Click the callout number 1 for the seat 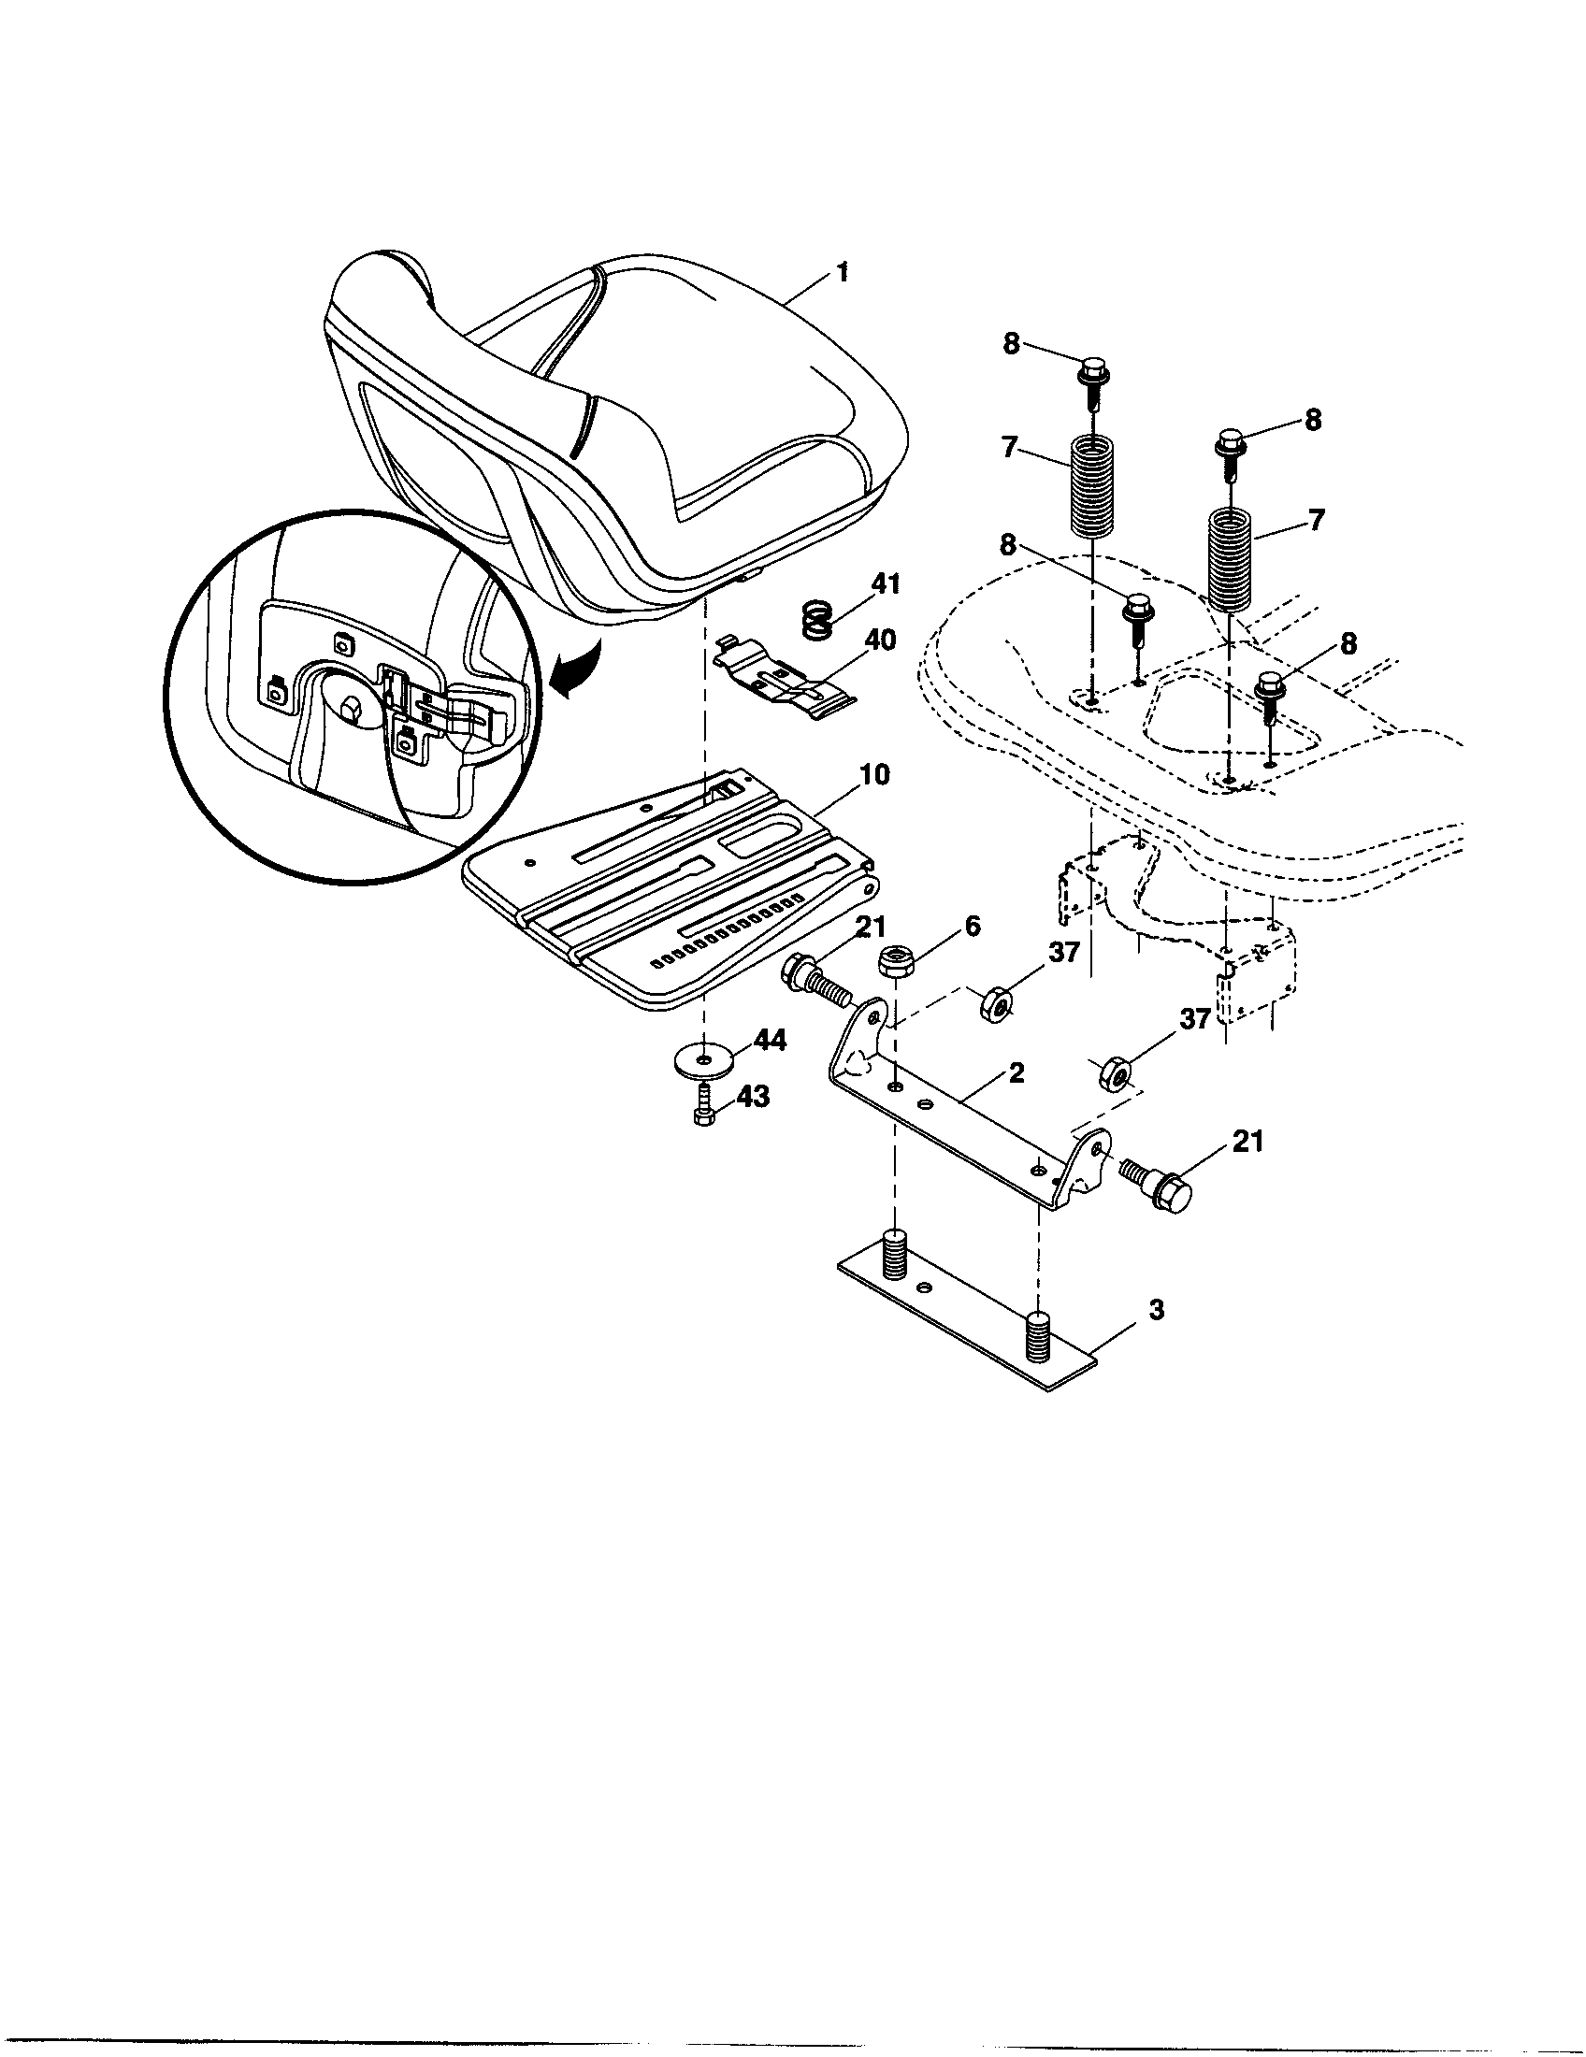(842, 273)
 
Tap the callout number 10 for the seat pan (874, 775)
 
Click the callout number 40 (881, 640)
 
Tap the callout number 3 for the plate (1156, 1309)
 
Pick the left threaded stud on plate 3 (896, 1253)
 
